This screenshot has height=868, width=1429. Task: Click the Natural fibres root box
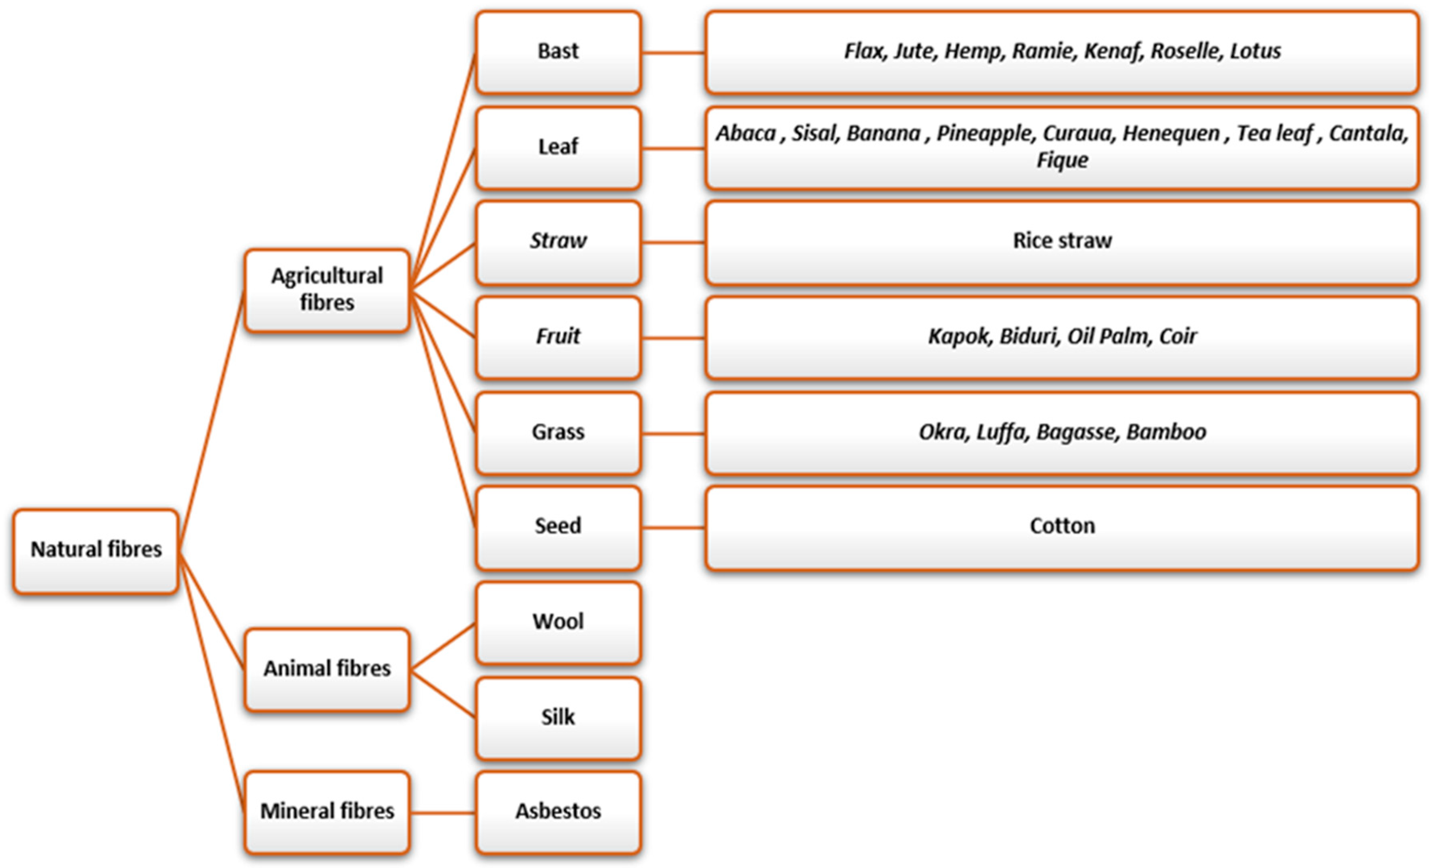pos(96,551)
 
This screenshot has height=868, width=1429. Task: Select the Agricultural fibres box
pos(326,290)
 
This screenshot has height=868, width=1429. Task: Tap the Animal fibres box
pos(326,669)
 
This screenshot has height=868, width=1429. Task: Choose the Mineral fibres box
pos(326,811)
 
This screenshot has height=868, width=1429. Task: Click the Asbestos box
pos(558,811)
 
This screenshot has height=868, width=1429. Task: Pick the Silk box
pos(558,718)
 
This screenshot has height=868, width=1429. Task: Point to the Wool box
pos(558,622)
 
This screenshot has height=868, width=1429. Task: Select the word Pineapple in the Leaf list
pos(985,134)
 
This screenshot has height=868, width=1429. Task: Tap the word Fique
pos(1062,160)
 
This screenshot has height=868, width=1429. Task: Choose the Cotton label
pos(1062,526)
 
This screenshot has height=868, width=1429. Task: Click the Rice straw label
pos(1062,241)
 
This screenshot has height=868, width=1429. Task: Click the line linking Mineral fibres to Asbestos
pos(443,813)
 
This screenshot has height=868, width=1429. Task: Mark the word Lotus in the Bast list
pos(1256,51)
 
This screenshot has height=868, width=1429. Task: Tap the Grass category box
pos(558,432)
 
